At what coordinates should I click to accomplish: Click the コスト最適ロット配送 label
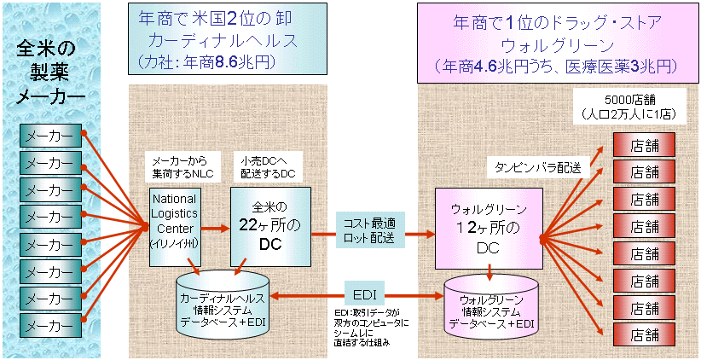tap(370, 229)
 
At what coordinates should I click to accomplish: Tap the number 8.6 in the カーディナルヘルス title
tap(235, 61)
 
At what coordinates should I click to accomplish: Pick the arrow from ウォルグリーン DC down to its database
tap(490, 271)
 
